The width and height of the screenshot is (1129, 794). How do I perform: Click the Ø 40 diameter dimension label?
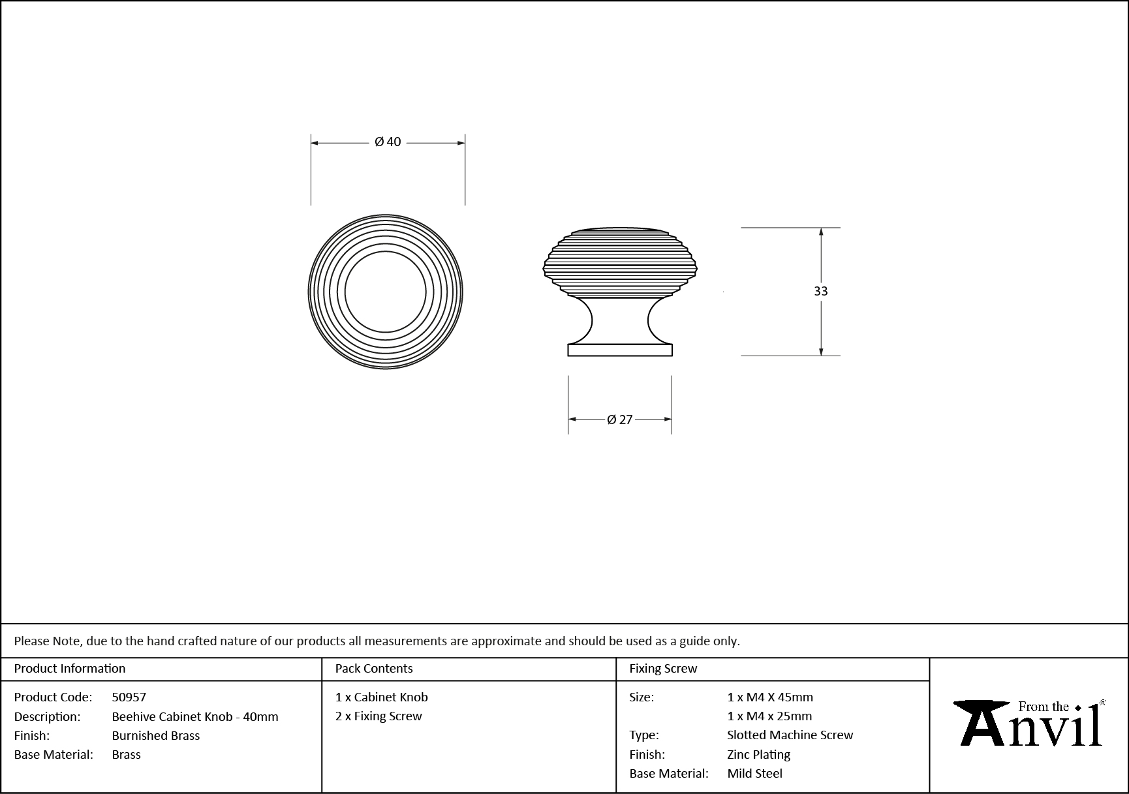[388, 142]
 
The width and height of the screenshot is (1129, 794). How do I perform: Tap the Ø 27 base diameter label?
[620, 420]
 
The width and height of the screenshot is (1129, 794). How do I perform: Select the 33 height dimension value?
[820, 291]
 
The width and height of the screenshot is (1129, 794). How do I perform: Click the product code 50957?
[129, 697]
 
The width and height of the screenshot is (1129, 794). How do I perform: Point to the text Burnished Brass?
[156, 735]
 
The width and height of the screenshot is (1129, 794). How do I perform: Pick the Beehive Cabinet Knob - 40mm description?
[195, 716]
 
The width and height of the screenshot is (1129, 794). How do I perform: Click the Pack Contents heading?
[374, 668]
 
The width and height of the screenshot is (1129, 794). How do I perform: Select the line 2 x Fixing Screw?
[379, 716]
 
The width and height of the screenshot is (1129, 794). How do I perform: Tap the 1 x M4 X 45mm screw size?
[770, 697]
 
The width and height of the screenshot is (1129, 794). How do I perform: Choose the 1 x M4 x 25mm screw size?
[769, 716]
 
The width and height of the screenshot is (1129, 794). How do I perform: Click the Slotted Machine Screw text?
[790, 735]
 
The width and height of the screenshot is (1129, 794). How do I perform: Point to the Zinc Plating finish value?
[759, 754]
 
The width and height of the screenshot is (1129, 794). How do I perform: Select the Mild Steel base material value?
[755, 773]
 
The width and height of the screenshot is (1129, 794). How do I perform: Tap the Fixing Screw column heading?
[663, 668]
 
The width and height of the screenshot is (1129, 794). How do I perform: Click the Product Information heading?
[70, 668]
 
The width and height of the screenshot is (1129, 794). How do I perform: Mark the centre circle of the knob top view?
[385, 292]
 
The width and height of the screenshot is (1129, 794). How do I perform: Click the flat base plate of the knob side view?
[620, 350]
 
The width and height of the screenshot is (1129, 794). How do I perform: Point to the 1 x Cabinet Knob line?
[382, 697]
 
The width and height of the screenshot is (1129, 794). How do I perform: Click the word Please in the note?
[31, 641]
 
